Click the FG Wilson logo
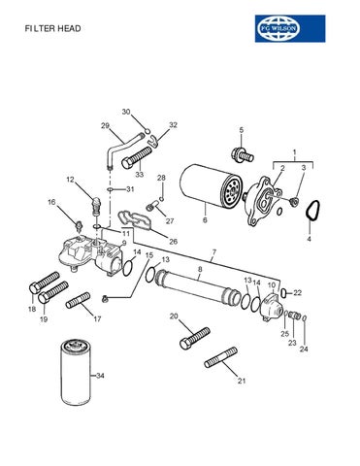pos(290,28)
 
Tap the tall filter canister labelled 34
pos(76,375)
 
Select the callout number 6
pos(205,220)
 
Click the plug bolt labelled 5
pos(243,154)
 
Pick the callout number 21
pos(242,381)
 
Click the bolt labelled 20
pos(195,338)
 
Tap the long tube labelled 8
pos(198,284)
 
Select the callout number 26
pos(174,242)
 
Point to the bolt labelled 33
pos(136,157)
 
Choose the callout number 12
pos(71,180)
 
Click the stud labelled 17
pos(78,300)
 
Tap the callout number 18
pos(32,309)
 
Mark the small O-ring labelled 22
pos(283,293)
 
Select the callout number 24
pos(304,349)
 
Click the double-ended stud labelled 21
pos(221,357)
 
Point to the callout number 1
pos(294,151)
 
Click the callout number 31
pos(130,189)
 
